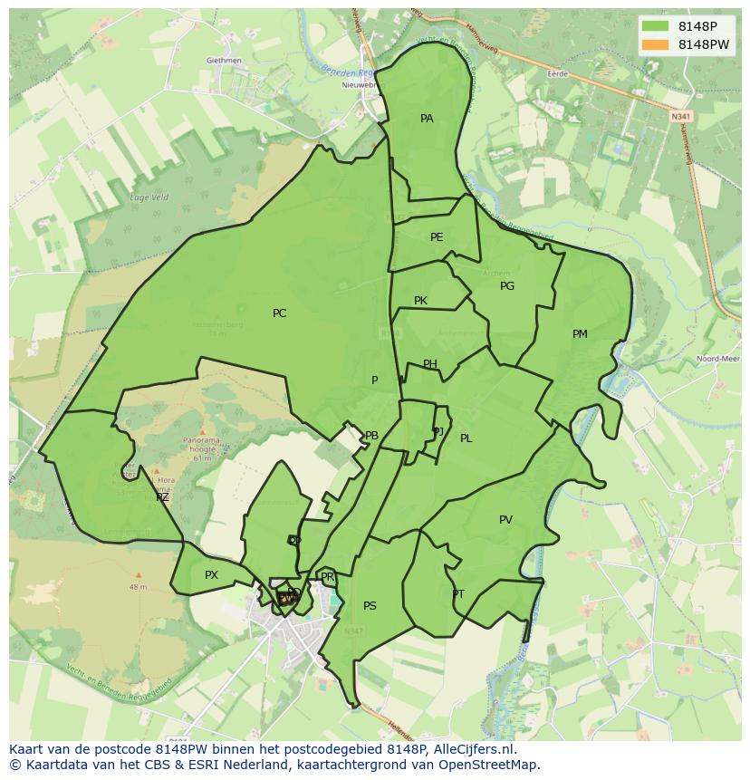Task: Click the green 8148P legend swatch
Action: click(657, 25)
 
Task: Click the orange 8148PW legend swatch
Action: click(657, 44)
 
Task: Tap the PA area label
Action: click(427, 119)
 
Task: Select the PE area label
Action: click(437, 237)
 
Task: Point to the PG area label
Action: click(507, 286)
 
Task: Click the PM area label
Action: click(580, 334)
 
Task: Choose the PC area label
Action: click(279, 313)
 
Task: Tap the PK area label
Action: click(420, 301)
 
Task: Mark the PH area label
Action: click(430, 365)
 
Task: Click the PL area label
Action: click(466, 438)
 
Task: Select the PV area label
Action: click(505, 520)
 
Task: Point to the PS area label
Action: click(370, 606)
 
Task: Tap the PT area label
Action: click(458, 594)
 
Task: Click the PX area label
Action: click(211, 575)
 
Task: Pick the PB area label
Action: click(371, 436)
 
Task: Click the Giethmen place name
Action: click(224, 61)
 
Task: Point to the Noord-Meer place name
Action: click(717, 359)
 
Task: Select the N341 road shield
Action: click(681, 116)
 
